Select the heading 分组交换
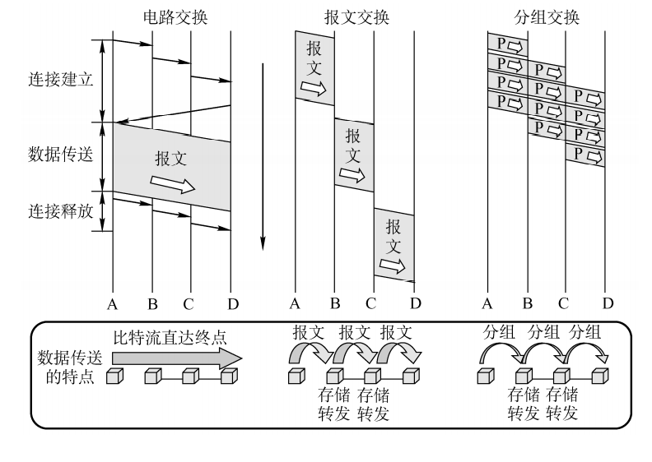click(x=545, y=16)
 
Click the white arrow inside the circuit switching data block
click(x=173, y=184)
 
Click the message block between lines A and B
click(x=314, y=68)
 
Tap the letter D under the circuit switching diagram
click(x=232, y=304)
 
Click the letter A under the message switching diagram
click(x=295, y=304)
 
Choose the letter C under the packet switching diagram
click(x=564, y=304)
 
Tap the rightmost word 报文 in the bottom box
click(x=397, y=334)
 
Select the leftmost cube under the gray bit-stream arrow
click(x=115, y=377)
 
